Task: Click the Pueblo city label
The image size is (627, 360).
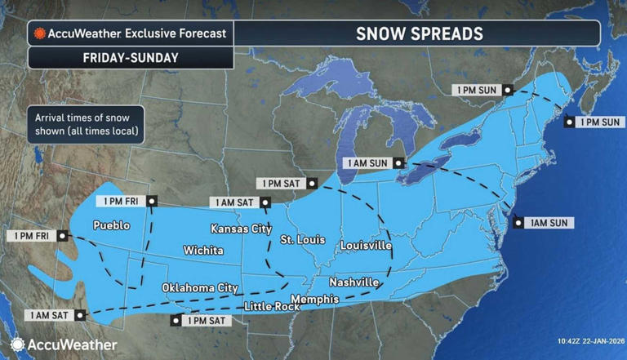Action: [x=111, y=225]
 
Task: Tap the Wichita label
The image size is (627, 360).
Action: [x=202, y=250]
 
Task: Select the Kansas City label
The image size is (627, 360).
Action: [x=240, y=229]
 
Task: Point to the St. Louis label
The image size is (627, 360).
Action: [x=303, y=240]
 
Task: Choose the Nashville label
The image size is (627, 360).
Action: [x=354, y=282]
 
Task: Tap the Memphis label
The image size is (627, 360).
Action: [x=314, y=300]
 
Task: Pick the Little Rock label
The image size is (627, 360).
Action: [x=273, y=306]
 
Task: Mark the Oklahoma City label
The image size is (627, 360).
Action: [x=199, y=288]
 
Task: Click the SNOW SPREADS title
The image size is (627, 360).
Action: [x=419, y=34]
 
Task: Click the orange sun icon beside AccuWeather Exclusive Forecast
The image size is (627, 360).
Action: [x=38, y=34]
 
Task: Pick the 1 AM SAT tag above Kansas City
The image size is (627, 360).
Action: [x=233, y=202]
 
